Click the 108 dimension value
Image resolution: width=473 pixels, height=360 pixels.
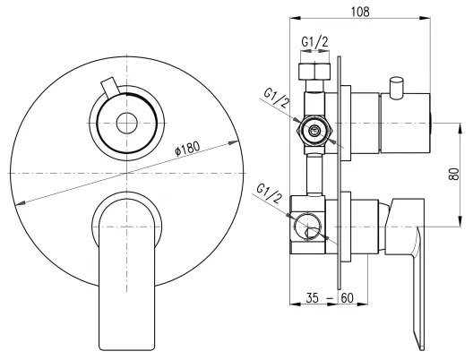[x=360, y=12]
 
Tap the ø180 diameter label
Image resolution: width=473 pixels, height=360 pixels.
[x=187, y=149]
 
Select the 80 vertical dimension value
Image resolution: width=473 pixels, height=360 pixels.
[x=453, y=174]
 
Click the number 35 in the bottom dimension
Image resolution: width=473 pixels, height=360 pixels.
[x=313, y=298]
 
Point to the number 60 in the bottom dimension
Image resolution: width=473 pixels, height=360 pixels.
[x=347, y=298]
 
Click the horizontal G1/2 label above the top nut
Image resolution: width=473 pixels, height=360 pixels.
[x=314, y=42]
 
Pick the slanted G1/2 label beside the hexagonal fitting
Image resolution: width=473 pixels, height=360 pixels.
[x=276, y=99]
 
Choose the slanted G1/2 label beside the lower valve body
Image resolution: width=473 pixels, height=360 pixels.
[x=270, y=193]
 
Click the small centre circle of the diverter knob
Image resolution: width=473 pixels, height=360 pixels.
[x=126, y=123]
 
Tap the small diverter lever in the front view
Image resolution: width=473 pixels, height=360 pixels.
[x=109, y=87]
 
